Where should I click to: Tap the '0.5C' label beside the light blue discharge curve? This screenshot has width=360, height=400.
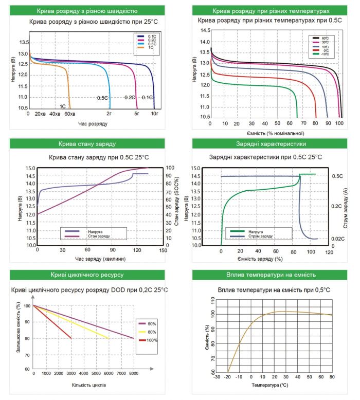click(102, 98)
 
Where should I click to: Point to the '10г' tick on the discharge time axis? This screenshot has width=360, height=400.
click(154, 113)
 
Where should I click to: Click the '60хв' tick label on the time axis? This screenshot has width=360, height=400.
click(69, 113)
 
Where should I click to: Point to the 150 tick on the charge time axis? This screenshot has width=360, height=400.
click(162, 250)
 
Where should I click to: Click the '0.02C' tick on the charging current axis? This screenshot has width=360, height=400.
click(337, 240)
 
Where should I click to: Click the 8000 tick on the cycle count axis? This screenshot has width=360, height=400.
click(134, 373)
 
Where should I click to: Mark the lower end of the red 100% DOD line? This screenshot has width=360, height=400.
click(71, 338)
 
